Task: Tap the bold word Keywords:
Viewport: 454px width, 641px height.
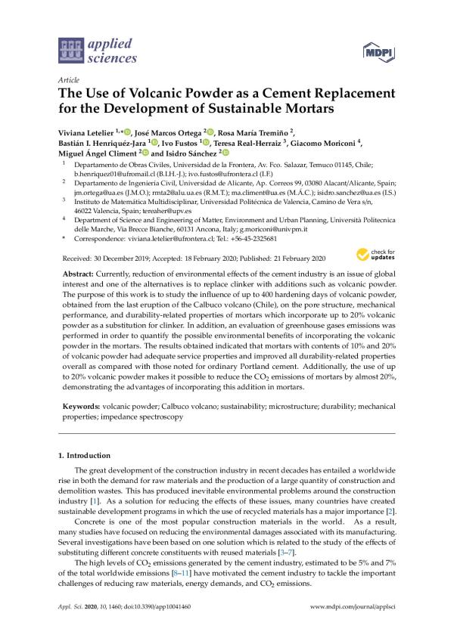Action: click(82, 407)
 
